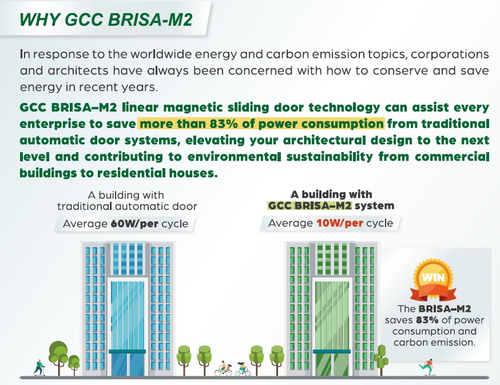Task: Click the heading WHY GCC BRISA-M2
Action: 106,19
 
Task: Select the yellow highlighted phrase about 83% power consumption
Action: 261,124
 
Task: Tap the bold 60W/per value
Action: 134,224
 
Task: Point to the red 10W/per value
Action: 340,223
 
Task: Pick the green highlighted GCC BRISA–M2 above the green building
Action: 309,206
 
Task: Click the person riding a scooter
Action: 39,367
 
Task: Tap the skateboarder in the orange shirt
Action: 427,367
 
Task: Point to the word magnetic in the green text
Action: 193,108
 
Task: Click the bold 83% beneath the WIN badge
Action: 427,320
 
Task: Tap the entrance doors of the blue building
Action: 128,364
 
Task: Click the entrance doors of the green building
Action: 332,364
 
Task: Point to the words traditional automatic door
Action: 127,207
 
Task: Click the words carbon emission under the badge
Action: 434,342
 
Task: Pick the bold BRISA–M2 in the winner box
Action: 445,309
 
